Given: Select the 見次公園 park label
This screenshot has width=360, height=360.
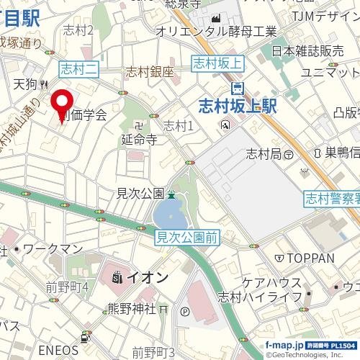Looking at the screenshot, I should coord(140,193).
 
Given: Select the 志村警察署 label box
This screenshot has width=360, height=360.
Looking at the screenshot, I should coord(331,197).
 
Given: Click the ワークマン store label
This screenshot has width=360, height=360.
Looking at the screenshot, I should coord(53,248).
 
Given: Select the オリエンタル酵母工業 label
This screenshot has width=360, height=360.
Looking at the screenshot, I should coord(216,31).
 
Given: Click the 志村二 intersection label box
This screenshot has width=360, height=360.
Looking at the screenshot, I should coord(78,69).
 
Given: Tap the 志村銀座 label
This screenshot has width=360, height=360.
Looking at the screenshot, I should coord(150,71).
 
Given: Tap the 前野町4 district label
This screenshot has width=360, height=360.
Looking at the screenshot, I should coord(67,287).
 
